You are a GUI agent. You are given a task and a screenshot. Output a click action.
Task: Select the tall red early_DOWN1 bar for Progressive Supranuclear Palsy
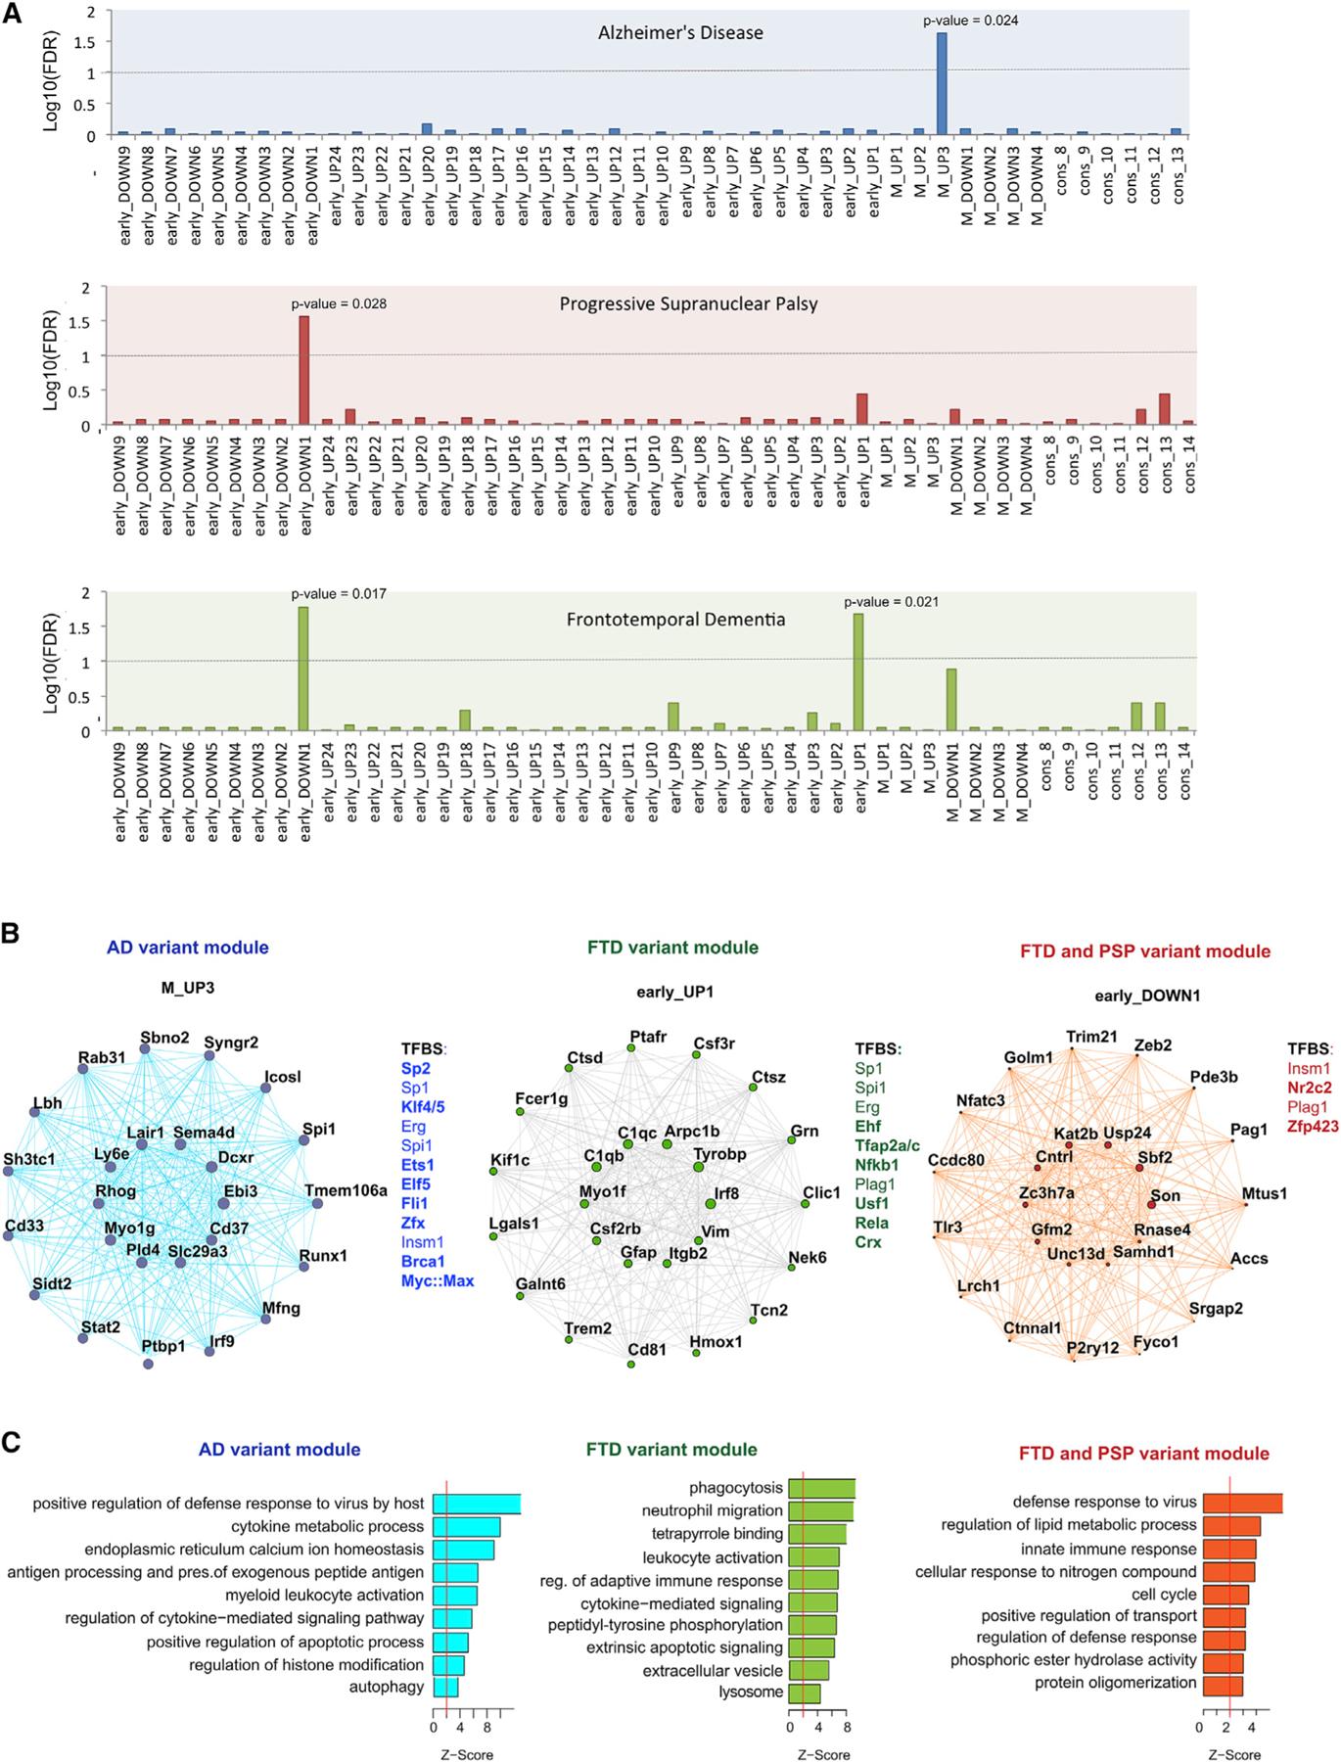click(x=304, y=371)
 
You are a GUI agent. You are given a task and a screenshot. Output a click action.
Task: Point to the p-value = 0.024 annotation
click(x=970, y=20)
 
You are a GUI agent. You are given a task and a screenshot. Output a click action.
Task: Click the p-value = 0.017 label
click(x=339, y=593)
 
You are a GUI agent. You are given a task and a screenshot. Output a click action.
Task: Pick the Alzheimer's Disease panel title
click(x=680, y=32)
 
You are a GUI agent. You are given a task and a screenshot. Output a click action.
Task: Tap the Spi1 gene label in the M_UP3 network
click(x=319, y=1129)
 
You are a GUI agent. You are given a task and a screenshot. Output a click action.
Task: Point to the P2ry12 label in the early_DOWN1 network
click(x=1092, y=1347)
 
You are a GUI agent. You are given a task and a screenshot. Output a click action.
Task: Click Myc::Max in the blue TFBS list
click(x=437, y=1280)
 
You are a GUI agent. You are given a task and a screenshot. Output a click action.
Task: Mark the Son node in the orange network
click(x=1151, y=1196)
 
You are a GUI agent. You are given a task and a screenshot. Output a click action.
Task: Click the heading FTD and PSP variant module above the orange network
click(x=1144, y=951)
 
